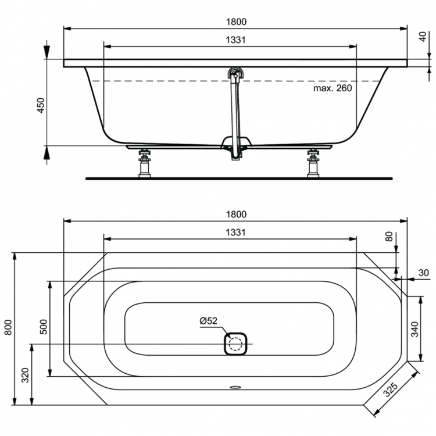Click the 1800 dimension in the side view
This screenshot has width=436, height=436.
click(235, 22)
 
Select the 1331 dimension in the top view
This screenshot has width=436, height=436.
click(235, 232)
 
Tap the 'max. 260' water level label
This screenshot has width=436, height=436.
click(333, 88)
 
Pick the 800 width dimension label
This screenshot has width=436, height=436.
click(8, 329)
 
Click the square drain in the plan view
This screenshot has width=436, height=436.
click(236, 344)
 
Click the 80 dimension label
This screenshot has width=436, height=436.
click(389, 237)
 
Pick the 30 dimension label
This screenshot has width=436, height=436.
click(423, 273)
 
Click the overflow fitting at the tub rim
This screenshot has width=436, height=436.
click(235, 74)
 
